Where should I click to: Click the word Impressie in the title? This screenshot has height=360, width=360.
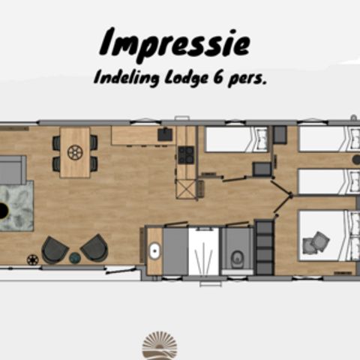click(x=173, y=43)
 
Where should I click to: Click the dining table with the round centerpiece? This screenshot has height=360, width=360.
click(x=75, y=152)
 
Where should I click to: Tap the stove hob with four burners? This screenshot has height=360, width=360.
click(x=185, y=154)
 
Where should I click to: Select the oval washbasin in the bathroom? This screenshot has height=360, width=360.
click(x=155, y=252)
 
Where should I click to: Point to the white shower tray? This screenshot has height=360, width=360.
click(x=202, y=251)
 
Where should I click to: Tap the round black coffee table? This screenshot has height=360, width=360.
click(x=3, y=211)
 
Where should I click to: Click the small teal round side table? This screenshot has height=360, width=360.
click(x=74, y=257)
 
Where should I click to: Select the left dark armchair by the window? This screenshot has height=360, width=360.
click(x=54, y=248)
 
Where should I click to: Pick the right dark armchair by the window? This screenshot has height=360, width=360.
click(x=94, y=247)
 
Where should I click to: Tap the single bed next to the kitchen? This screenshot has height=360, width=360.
click(x=236, y=139)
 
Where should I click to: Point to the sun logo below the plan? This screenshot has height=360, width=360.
click(x=160, y=346)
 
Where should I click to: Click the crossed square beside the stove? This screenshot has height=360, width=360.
click(x=185, y=187)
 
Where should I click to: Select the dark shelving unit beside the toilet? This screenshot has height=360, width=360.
click(x=264, y=247)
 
